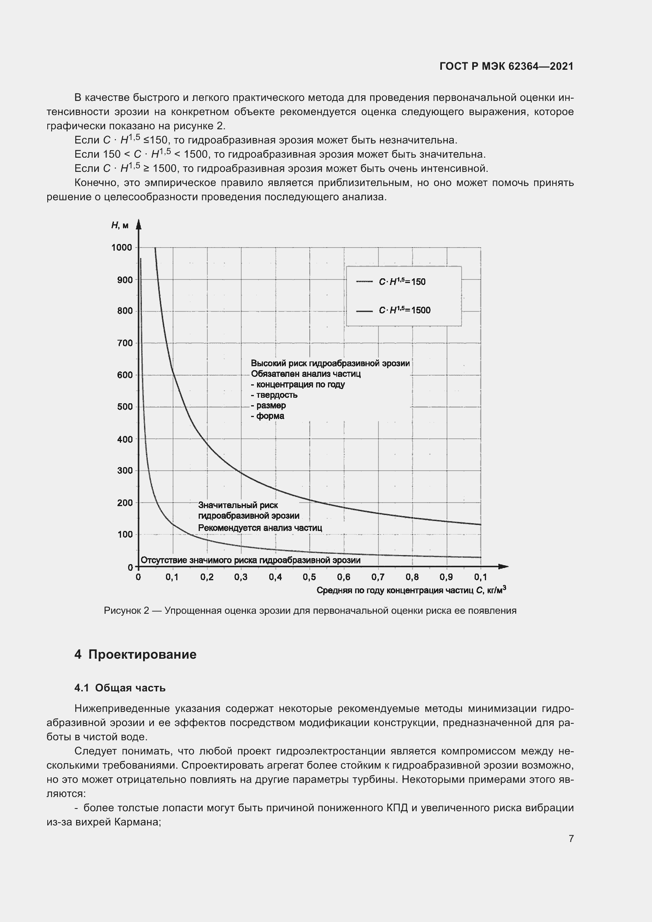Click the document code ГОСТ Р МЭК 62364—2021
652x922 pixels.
coord(506,66)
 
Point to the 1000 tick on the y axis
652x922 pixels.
coord(122,248)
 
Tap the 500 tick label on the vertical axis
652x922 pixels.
coord(125,406)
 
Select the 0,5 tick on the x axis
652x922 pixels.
coord(309,577)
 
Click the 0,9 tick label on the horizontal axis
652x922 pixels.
coord(446,577)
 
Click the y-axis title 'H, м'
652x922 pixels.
coord(120,225)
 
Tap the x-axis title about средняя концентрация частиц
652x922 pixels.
coord(411,590)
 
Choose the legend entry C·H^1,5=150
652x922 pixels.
coord(402,281)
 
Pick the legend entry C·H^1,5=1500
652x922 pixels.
coord(404,310)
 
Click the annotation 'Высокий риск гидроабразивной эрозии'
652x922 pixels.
coord(330,363)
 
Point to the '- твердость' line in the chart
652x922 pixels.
coord(274,395)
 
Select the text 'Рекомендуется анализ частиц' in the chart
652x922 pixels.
coord(260,528)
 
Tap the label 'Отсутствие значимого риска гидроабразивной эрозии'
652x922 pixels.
coord(251,560)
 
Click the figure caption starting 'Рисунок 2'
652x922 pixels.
coord(310,611)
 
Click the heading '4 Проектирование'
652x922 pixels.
coord(135,655)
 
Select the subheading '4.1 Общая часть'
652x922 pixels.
coord(120,688)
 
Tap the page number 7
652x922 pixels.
coord(571,838)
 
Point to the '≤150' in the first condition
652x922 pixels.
coord(155,140)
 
